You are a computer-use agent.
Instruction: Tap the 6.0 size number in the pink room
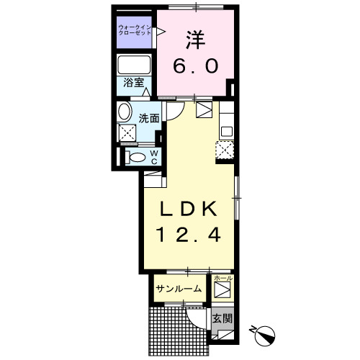[194, 66]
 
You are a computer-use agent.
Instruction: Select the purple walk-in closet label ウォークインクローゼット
[135, 31]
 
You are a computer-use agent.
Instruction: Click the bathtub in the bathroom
[135, 65]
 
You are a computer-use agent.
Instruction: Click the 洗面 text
[149, 117]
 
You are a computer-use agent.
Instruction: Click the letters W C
[153, 158]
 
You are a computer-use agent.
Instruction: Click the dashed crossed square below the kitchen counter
[225, 150]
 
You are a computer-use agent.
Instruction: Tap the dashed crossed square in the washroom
[128, 133]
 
